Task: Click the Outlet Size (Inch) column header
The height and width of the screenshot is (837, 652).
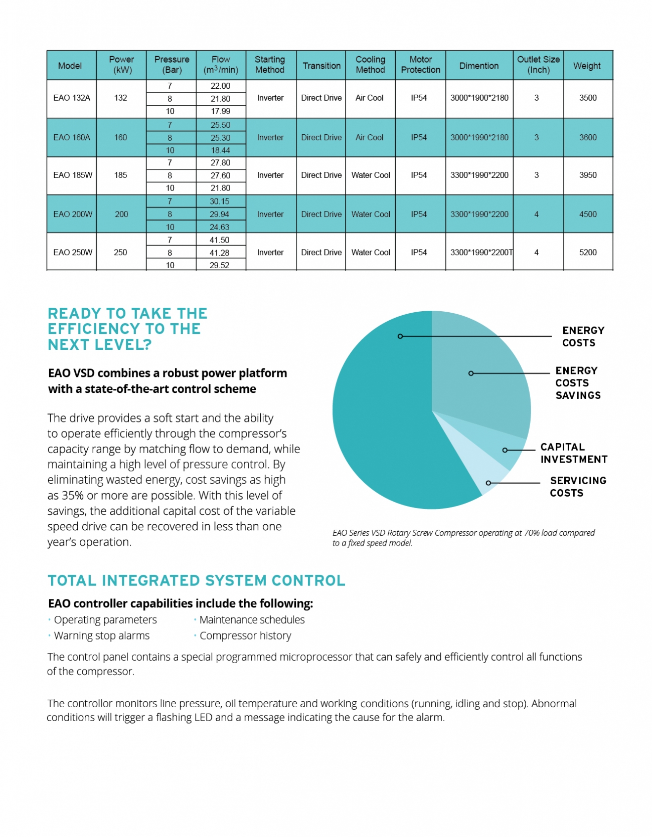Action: (x=538, y=65)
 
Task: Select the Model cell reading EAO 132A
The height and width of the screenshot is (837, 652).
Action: (x=72, y=98)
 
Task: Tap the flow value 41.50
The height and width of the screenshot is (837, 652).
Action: (x=220, y=240)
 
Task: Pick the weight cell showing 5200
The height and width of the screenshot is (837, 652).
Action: (x=588, y=252)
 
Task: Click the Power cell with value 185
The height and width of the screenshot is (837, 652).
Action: (x=120, y=175)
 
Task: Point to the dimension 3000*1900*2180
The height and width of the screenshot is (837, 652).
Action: (x=479, y=98)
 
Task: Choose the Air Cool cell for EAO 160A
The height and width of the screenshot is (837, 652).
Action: (x=369, y=137)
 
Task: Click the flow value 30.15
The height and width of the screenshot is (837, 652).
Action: (x=220, y=201)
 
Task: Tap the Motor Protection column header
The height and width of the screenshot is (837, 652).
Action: (x=420, y=65)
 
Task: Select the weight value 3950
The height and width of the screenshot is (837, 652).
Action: (x=588, y=175)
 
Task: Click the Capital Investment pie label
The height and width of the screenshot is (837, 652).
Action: (x=574, y=453)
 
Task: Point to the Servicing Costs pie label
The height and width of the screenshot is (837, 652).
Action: (x=578, y=487)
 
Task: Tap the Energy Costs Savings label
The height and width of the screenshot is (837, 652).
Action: (x=578, y=383)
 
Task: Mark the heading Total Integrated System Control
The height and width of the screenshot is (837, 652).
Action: (x=197, y=580)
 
